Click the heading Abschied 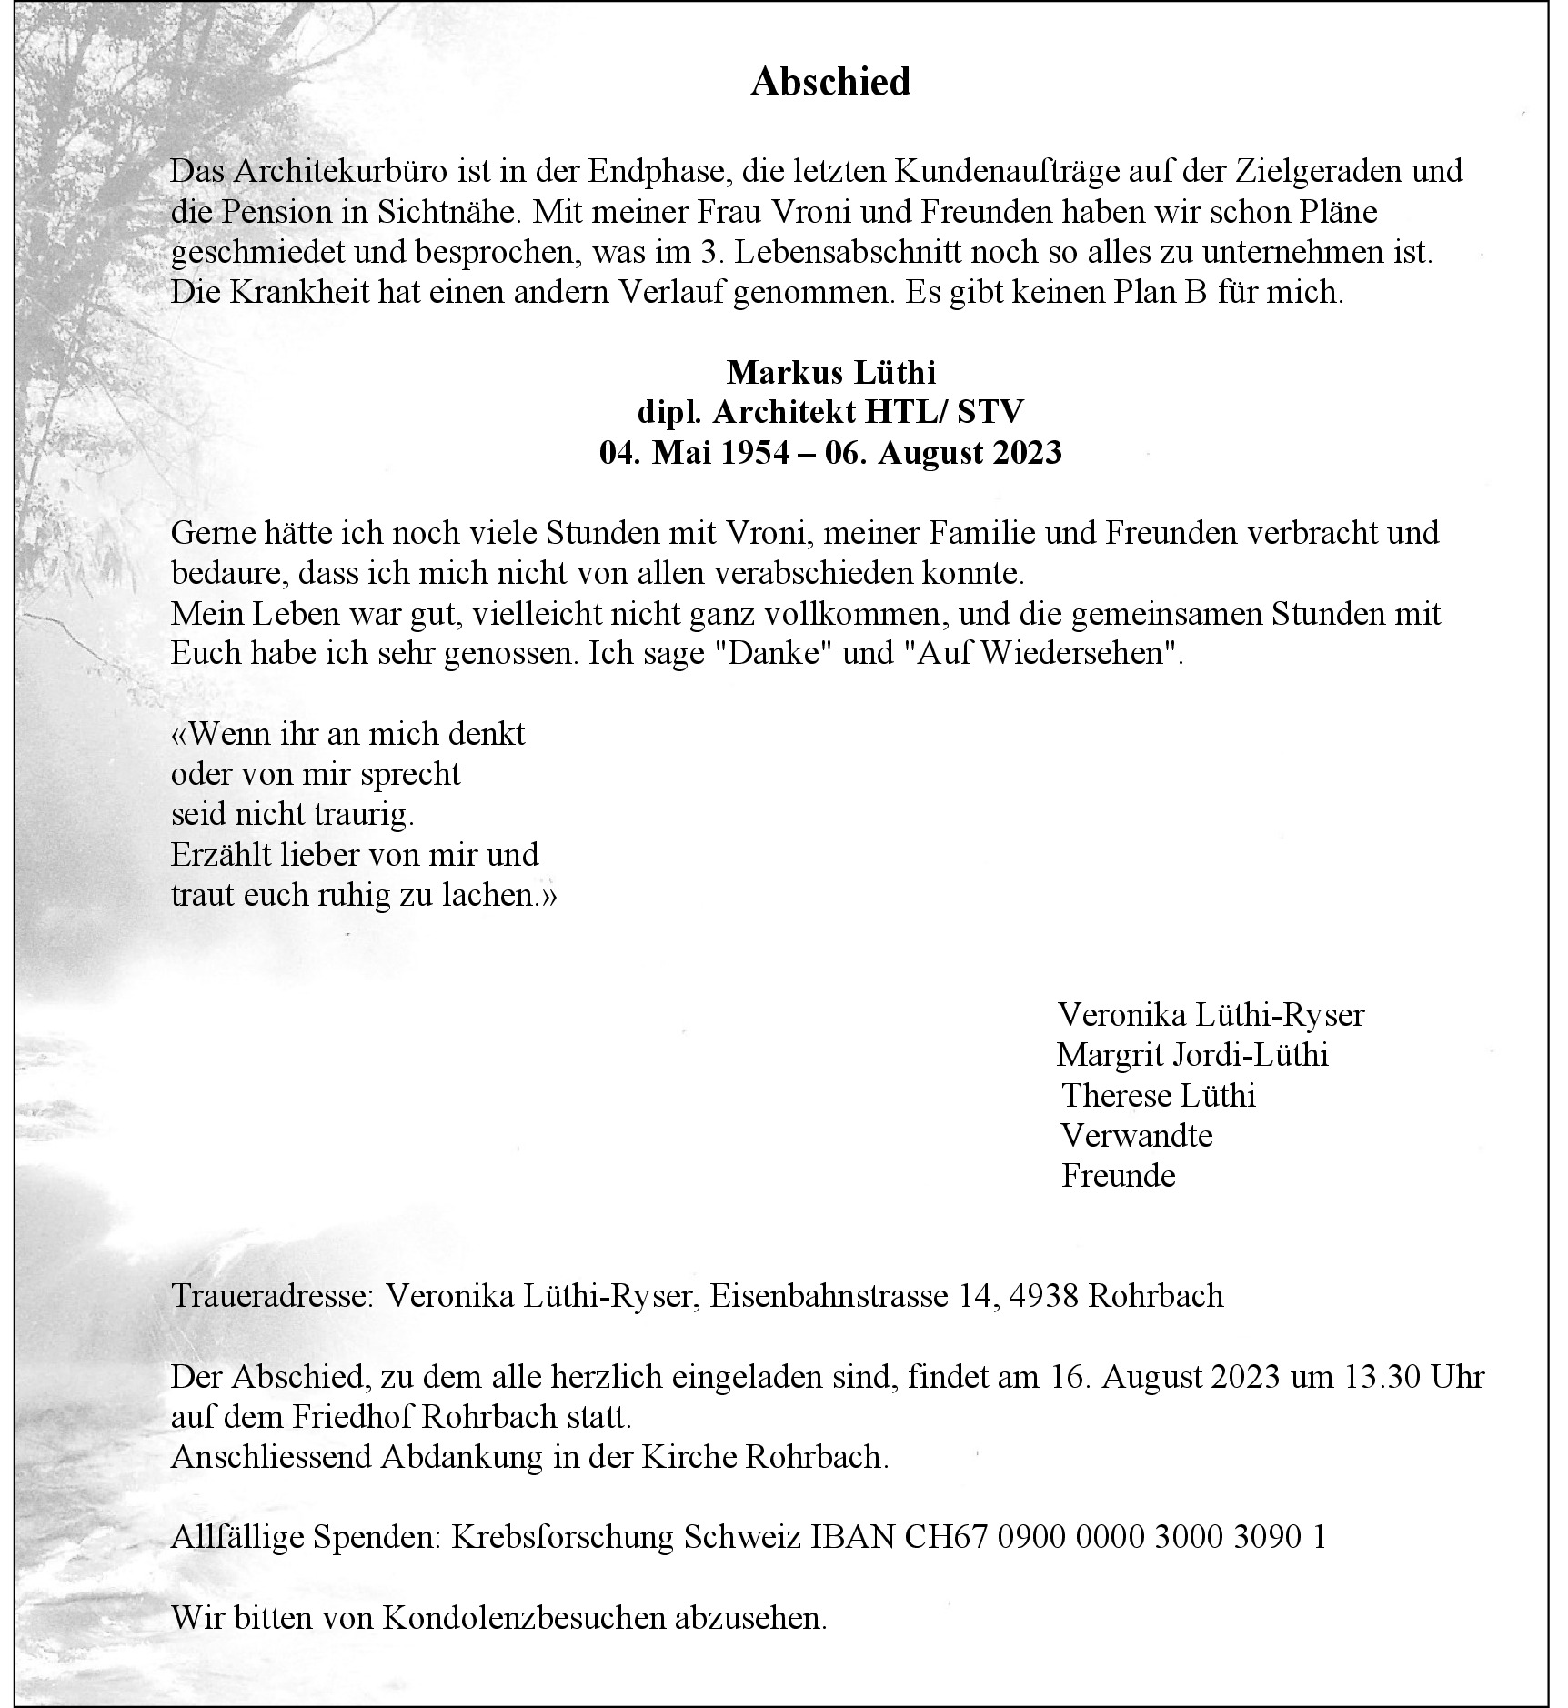[830, 83]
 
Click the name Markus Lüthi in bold [830, 372]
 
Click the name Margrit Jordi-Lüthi [1192, 1055]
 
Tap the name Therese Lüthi [1158, 1095]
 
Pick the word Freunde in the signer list [1118, 1175]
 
